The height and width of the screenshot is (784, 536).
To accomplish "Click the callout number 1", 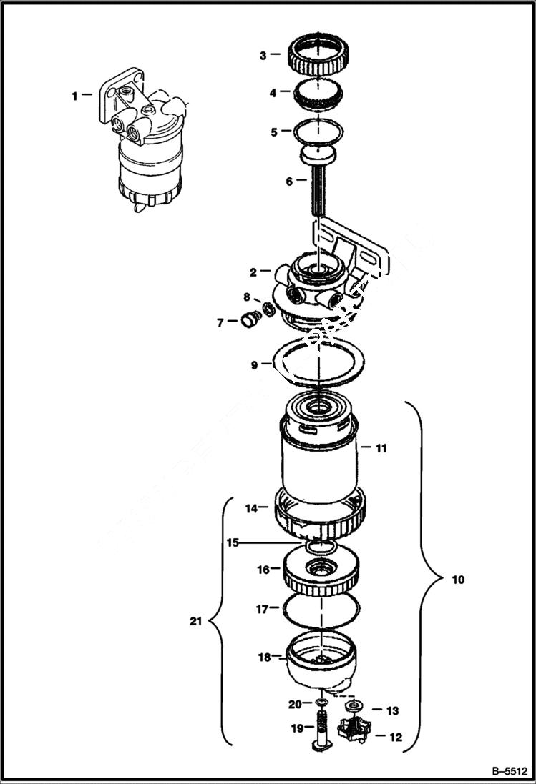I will pos(75,94).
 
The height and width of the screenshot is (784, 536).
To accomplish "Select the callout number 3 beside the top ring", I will pos(263,54).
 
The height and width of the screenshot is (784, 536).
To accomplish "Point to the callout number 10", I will pos(457,580).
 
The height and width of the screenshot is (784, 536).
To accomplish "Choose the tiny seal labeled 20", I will pos(322,705).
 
